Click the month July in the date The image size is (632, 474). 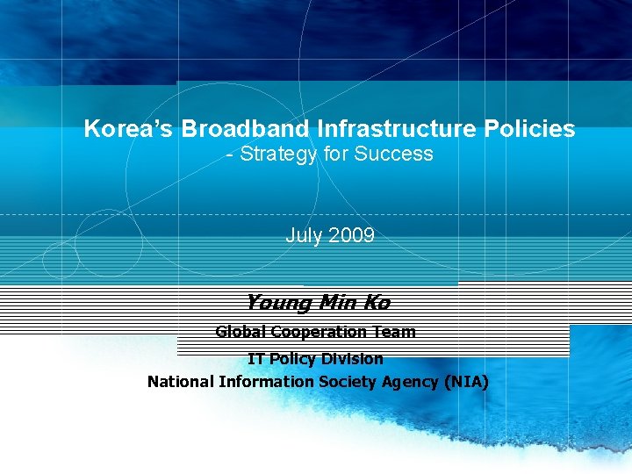304,235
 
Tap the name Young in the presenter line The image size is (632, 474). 279,303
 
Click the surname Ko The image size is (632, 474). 376,303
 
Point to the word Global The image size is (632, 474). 241,332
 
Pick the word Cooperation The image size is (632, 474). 321,332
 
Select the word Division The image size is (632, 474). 352,359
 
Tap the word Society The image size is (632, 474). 348,382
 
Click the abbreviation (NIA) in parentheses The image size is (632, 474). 467,382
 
